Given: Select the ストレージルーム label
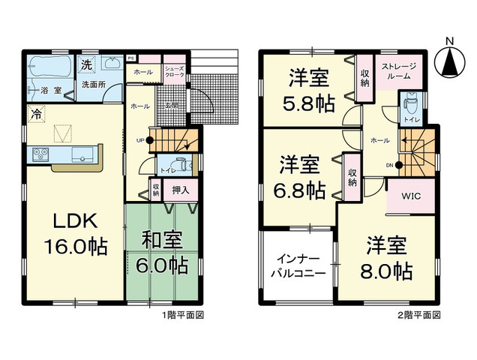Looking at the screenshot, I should click(401, 72).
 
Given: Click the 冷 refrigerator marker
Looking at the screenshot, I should click(35, 114).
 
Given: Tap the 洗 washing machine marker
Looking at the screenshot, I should click(87, 63).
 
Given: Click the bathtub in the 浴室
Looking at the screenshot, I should click(50, 68).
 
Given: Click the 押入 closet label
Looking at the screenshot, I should click(180, 190).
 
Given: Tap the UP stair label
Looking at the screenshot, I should click(139, 140).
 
